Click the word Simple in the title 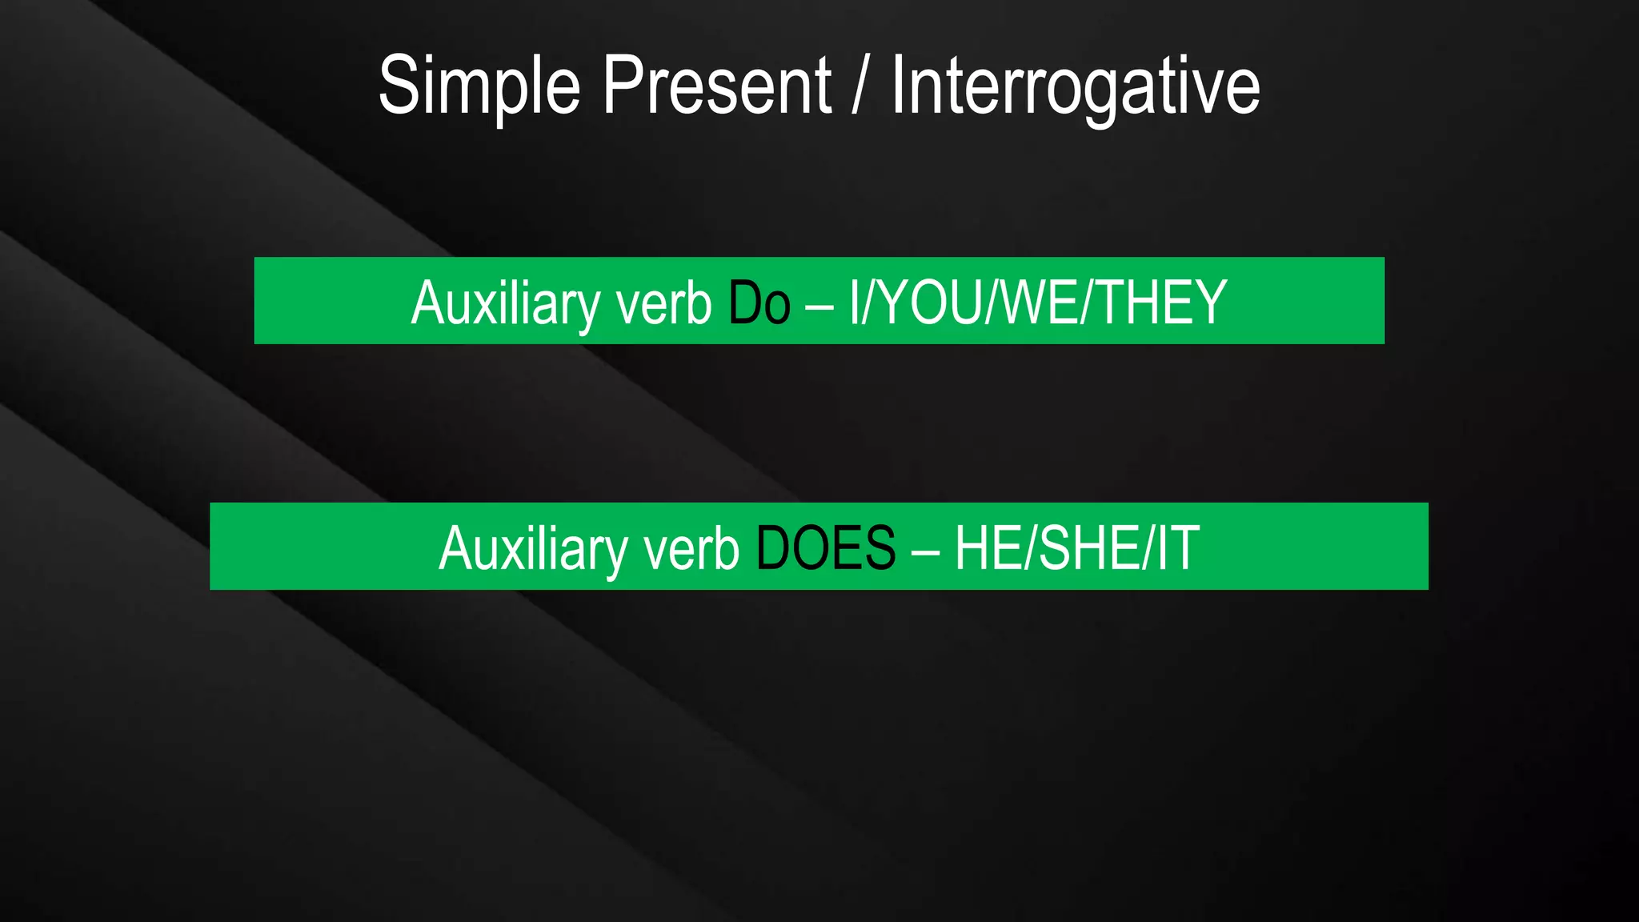coord(479,86)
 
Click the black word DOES coord(825,548)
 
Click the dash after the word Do coord(819,305)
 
